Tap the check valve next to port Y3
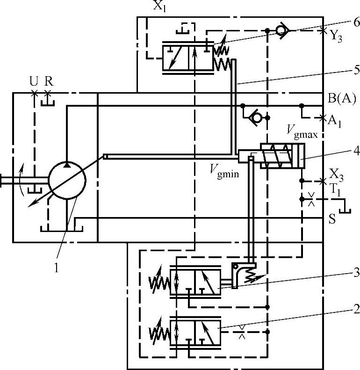282,30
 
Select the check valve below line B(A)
255,117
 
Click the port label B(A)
342,98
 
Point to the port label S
332,219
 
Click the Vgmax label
302,131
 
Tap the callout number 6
356,22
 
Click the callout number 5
357,70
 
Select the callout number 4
357,151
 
